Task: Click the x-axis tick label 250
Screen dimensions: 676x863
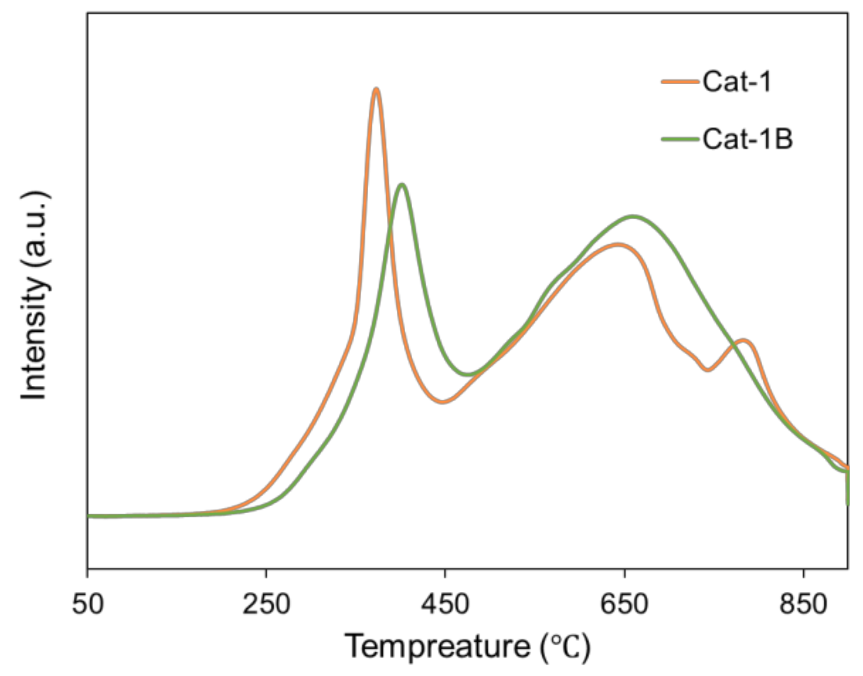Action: [266, 605]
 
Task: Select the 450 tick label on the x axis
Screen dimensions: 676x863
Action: [445, 605]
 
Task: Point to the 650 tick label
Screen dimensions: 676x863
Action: [624, 605]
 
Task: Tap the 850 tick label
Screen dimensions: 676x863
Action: [803, 605]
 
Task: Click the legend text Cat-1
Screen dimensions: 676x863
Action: [736, 82]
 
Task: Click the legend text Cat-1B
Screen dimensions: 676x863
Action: [747, 139]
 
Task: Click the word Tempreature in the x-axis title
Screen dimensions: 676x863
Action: [437, 647]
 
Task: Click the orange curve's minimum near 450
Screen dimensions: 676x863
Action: [442, 402]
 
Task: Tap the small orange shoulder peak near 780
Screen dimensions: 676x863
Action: [744, 341]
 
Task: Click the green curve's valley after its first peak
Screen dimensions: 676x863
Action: [468, 374]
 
